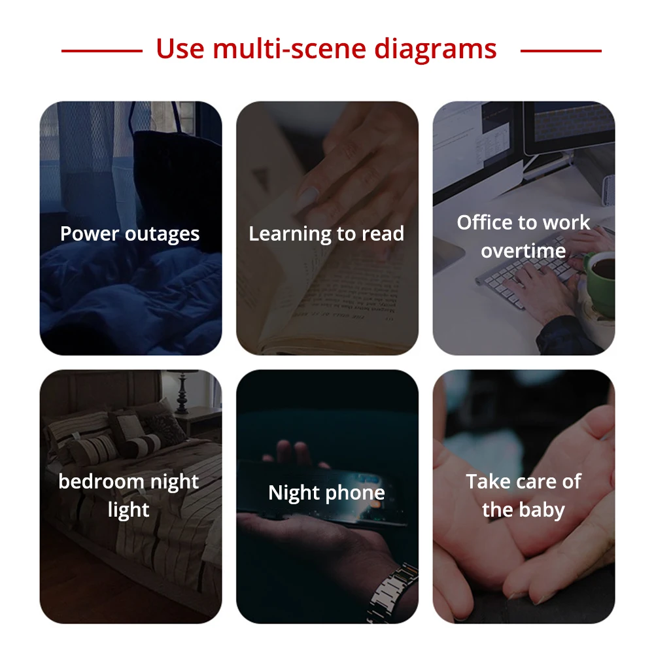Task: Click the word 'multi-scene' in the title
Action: tap(290, 48)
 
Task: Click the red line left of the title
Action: tap(102, 51)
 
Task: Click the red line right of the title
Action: tap(561, 51)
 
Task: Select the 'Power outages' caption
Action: tap(129, 233)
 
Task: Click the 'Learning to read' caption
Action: tap(326, 233)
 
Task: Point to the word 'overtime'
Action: tap(523, 250)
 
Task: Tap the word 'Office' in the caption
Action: tap(483, 222)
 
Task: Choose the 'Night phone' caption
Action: tap(326, 493)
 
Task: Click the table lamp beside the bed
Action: tap(182, 392)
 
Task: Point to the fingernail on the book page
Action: tap(308, 197)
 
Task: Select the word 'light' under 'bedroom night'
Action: tap(128, 510)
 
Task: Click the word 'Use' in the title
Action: tap(181, 49)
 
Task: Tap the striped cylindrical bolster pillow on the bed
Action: tap(143, 444)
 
